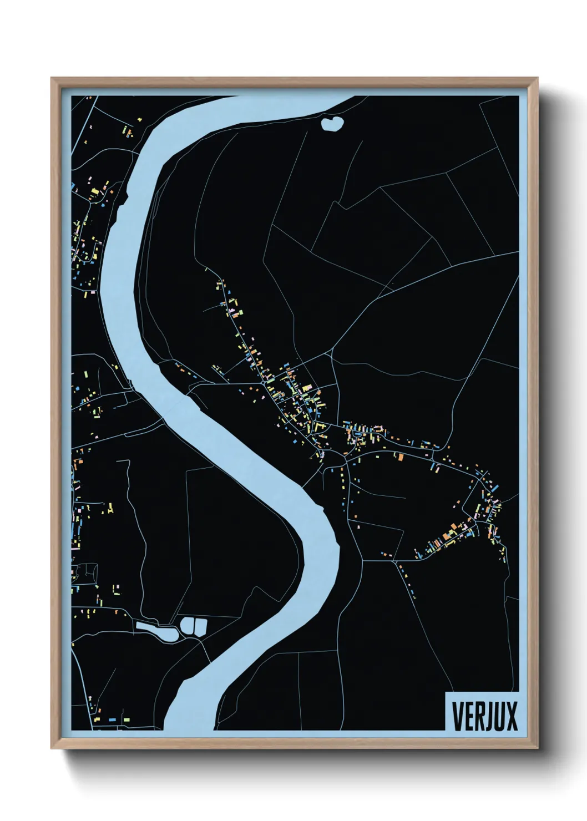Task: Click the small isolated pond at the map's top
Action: [x=332, y=123]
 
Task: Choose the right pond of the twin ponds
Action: [x=200, y=626]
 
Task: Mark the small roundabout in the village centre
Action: [x=262, y=383]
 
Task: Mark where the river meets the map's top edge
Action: [x=289, y=98]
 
